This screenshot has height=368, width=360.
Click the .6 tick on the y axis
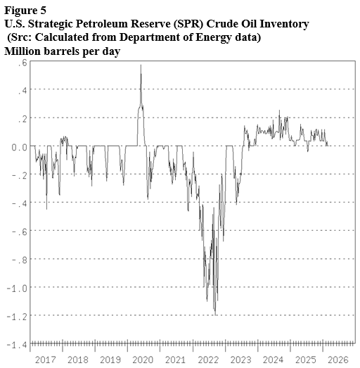22,62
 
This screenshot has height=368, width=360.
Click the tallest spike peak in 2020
141,65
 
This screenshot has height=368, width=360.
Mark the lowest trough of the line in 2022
214,312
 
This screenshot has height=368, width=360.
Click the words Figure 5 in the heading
26,11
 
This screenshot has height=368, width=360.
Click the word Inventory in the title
283,24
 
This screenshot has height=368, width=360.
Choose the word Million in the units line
24,51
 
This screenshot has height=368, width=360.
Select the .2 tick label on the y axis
22,118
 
